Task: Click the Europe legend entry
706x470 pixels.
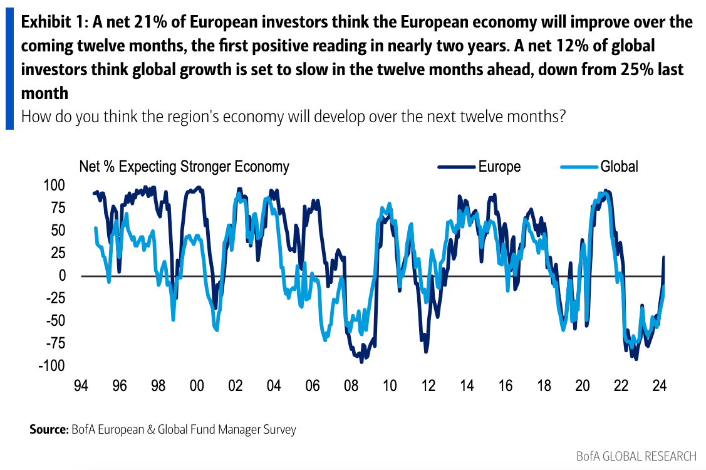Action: (x=499, y=166)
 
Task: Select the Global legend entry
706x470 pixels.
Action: (x=619, y=166)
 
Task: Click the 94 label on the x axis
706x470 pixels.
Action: (x=81, y=385)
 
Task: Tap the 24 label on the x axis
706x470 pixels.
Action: (x=659, y=385)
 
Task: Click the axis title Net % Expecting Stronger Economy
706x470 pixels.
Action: (x=184, y=166)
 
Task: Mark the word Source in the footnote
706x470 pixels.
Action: (x=48, y=430)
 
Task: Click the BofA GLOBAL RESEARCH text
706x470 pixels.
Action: (x=636, y=456)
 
